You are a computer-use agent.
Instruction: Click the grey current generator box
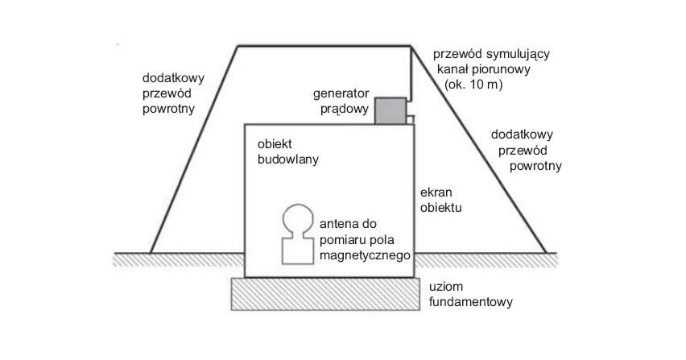391,111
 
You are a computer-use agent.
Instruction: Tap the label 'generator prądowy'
341,101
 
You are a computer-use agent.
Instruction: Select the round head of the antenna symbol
298,219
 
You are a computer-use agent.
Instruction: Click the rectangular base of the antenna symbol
297,250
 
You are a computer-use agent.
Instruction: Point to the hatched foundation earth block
325,294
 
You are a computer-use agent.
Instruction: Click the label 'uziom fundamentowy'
471,295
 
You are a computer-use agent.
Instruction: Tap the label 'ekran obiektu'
441,200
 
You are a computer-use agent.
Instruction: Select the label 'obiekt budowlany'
288,151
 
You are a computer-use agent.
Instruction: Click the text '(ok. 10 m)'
473,85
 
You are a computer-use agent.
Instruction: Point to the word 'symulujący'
518,54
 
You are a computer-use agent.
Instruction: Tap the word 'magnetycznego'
365,255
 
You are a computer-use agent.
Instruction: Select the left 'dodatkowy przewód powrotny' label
173,93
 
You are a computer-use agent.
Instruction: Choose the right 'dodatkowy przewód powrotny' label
526,150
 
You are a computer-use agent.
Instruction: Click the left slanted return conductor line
194,149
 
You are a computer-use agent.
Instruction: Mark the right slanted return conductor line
478,149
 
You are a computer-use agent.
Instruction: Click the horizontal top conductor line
324,45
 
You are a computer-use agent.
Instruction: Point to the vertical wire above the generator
411,72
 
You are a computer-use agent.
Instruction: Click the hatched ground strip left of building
179,260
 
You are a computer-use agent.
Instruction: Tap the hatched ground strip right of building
486,260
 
